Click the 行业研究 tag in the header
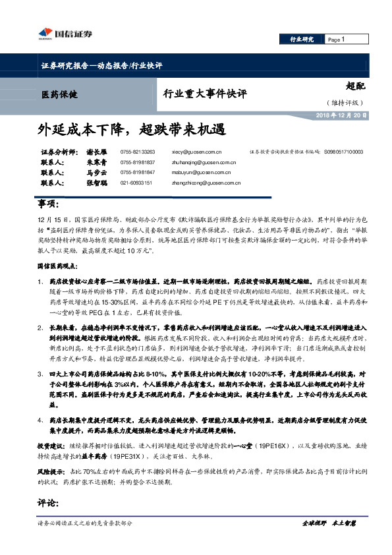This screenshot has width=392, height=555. pos(302,40)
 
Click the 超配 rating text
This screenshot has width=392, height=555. pos(354,86)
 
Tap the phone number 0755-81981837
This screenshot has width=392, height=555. pos(137,162)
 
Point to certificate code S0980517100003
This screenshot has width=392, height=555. pos(343,152)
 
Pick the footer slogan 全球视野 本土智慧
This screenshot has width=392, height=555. pos(329,523)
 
